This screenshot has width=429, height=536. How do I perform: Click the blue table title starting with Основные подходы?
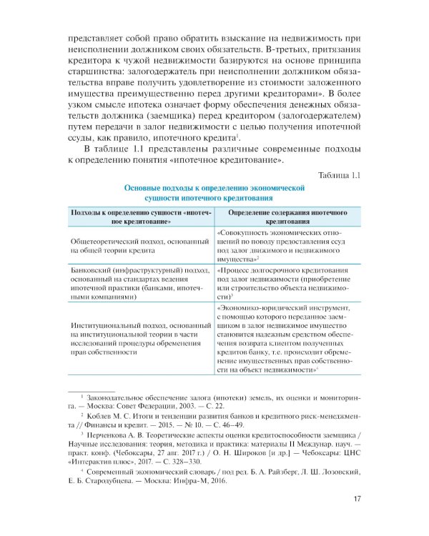(214, 194)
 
